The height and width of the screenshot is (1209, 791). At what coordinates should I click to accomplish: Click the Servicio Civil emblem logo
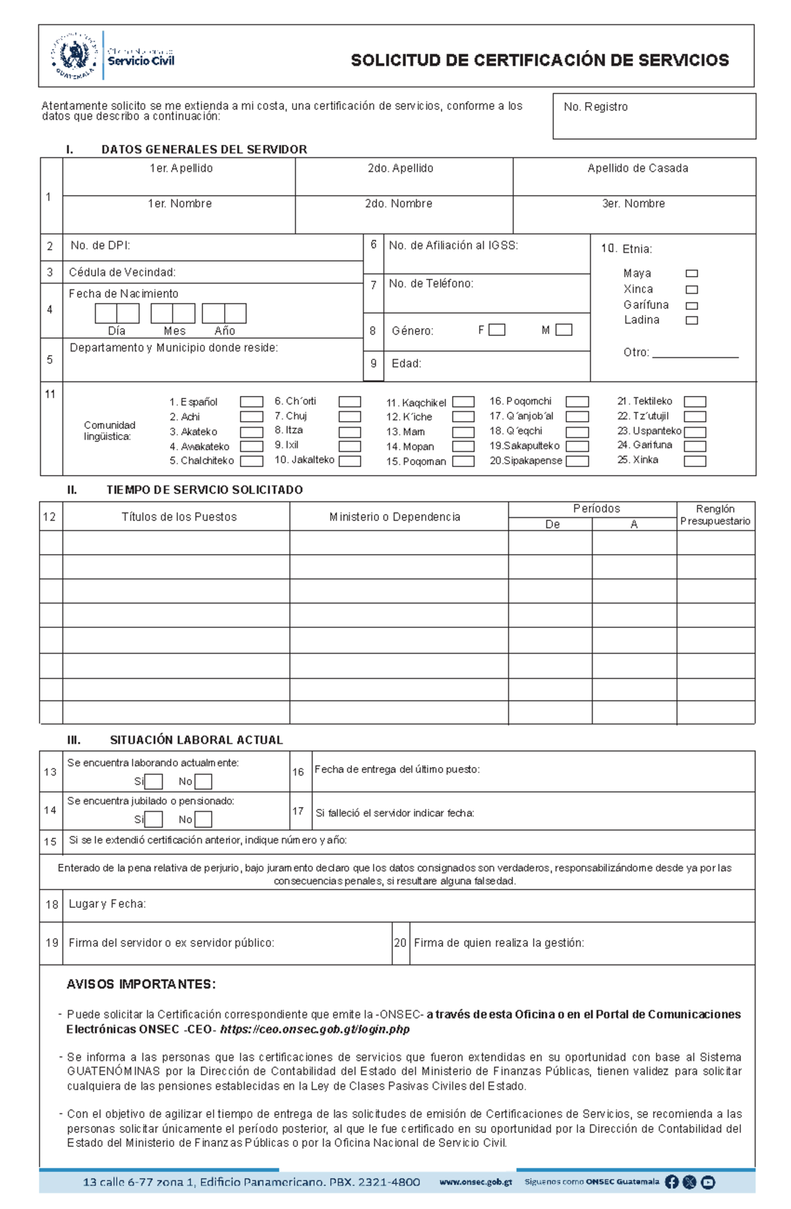click(x=74, y=56)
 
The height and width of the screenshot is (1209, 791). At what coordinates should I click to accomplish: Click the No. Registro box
click(x=654, y=117)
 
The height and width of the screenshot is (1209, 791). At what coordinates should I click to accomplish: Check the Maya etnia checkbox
click(x=691, y=273)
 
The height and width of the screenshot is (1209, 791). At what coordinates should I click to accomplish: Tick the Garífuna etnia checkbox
click(x=691, y=306)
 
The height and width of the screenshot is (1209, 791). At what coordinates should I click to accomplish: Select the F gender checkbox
click(x=497, y=330)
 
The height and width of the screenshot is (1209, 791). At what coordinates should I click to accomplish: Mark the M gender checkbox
click(x=564, y=330)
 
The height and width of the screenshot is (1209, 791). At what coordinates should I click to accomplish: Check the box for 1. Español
click(x=251, y=402)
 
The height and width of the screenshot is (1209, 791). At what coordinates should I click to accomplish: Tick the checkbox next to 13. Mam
click(x=463, y=432)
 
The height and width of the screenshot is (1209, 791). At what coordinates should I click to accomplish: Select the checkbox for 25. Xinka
click(x=695, y=461)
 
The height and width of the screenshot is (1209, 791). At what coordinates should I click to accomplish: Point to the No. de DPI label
click(x=100, y=246)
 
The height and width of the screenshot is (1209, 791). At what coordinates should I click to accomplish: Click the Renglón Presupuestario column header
click(x=715, y=515)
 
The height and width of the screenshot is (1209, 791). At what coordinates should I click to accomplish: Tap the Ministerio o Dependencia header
click(x=395, y=517)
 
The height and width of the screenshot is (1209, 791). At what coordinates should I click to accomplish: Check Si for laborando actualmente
click(x=154, y=782)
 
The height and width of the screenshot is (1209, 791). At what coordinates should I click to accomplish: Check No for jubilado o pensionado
click(x=204, y=820)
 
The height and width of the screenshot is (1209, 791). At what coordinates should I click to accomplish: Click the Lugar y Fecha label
click(x=107, y=905)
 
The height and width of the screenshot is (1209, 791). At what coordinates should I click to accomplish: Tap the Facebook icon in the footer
click(x=672, y=1182)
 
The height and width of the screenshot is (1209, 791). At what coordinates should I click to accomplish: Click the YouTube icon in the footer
click(x=708, y=1182)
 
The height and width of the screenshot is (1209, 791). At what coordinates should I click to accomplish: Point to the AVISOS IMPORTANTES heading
click(x=141, y=984)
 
